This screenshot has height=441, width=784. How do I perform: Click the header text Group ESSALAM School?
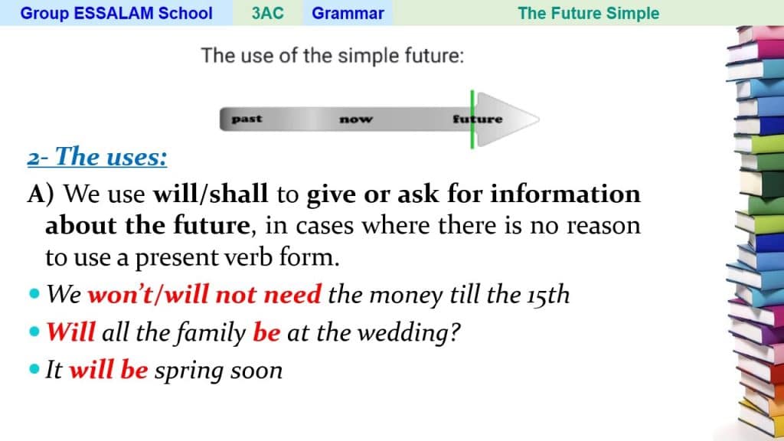(x=116, y=13)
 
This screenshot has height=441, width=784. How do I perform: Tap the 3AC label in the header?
(x=267, y=13)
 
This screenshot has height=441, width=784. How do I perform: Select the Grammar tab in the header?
(x=348, y=13)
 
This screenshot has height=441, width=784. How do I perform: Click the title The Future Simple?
(x=589, y=13)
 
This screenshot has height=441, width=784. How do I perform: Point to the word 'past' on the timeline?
(x=247, y=119)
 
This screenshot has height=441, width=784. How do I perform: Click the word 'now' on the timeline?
(x=356, y=119)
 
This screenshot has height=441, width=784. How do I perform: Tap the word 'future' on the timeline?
(x=478, y=119)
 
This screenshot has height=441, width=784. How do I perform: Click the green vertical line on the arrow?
(x=472, y=119)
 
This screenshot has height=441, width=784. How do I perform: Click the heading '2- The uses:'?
(x=97, y=156)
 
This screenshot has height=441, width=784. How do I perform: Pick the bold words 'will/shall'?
(x=211, y=194)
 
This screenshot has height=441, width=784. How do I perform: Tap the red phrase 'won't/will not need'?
(x=204, y=294)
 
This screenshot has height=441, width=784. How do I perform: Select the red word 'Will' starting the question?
(x=70, y=332)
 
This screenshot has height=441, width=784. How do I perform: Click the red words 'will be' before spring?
(x=109, y=370)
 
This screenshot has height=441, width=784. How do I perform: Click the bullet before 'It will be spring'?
(x=34, y=370)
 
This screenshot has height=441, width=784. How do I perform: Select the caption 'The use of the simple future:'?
(x=332, y=55)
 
